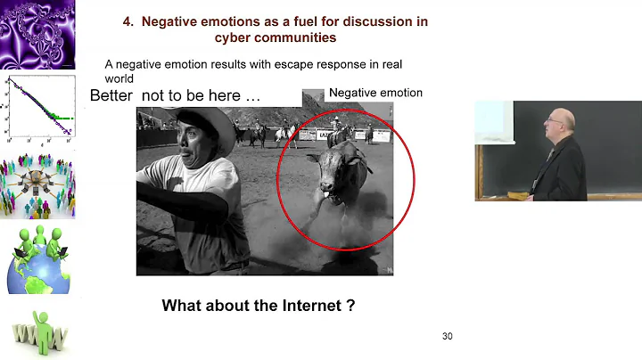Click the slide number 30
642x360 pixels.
click(448, 337)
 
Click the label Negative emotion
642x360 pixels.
click(375, 93)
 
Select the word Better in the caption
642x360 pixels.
click(113, 96)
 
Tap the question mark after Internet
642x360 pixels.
click(352, 306)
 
